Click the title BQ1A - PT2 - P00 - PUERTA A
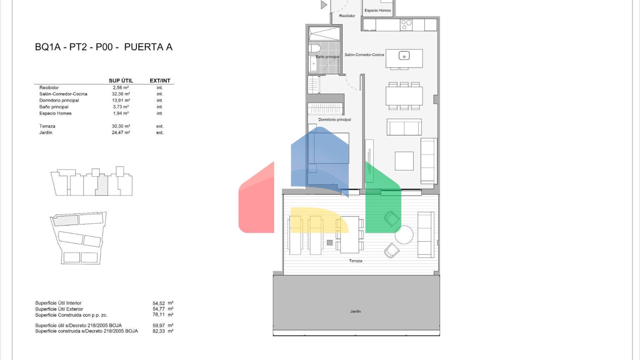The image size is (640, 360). pyautogui.click(x=104, y=47)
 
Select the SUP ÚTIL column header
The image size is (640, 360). pyautogui.click(x=121, y=80)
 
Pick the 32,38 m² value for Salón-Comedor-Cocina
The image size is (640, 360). pyautogui.click(x=121, y=94)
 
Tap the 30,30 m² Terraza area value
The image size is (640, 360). pyautogui.click(x=121, y=126)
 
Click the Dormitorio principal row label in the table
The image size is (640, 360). pyautogui.click(x=59, y=100)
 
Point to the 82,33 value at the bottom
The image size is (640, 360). pyautogui.click(x=159, y=331)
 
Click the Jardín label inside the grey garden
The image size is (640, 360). pyautogui.click(x=355, y=311)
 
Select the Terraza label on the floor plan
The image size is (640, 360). pyautogui.click(x=355, y=261)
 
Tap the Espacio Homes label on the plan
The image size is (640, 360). pyautogui.click(x=378, y=10)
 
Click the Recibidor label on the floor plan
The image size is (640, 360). pyautogui.click(x=347, y=16)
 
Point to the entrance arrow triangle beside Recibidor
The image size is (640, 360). pyautogui.click(x=324, y=5)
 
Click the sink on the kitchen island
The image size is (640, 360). pyautogui.click(x=404, y=55)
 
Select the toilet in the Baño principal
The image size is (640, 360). pyautogui.click(x=314, y=48)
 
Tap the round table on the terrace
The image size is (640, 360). pyautogui.click(x=404, y=235)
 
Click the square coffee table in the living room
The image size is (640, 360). pyautogui.click(x=404, y=161)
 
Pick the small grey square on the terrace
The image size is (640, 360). pyautogui.click(x=330, y=242)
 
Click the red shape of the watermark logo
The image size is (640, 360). pyautogui.click(x=256, y=200)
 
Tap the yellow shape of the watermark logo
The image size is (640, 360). pyautogui.click(x=320, y=220)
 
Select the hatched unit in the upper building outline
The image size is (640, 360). pyautogui.click(x=102, y=185)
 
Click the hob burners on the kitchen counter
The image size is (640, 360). pyautogui.click(x=406, y=25)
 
